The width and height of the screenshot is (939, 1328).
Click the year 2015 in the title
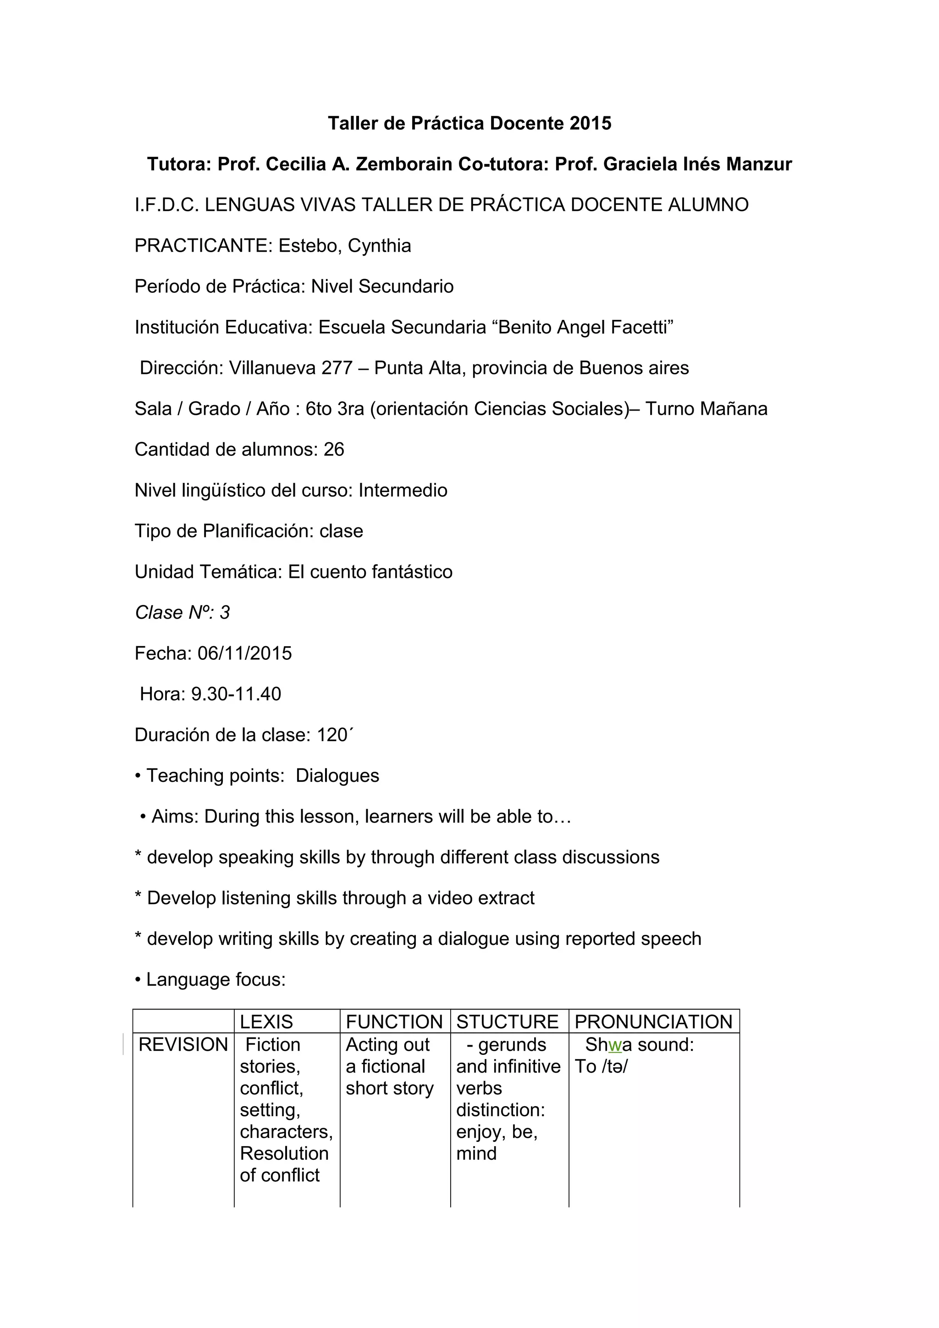pyautogui.click(x=590, y=123)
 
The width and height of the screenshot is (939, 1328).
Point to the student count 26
pyautogui.click(x=334, y=450)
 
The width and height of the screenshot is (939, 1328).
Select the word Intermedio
pyautogui.click(x=403, y=490)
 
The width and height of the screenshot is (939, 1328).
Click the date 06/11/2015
pyautogui.click(x=245, y=653)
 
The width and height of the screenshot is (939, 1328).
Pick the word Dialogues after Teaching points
pyautogui.click(x=337, y=776)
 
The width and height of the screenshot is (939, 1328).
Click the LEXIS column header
pyautogui.click(x=266, y=1022)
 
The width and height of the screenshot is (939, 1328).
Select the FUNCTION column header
pyautogui.click(x=394, y=1022)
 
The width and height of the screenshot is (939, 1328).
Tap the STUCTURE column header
pyautogui.click(x=508, y=1022)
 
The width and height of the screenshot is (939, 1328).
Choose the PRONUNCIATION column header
pyautogui.click(x=653, y=1022)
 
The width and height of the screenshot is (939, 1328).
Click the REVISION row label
pyautogui.click(x=183, y=1045)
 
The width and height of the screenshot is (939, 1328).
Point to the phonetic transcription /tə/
pyautogui.click(x=614, y=1066)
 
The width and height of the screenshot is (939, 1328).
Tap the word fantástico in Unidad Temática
pyautogui.click(x=412, y=572)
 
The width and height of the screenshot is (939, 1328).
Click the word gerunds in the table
pyautogui.click(x=512, y=1045)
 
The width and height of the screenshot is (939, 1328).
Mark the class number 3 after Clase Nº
pyautogui.click(x=225, y=613)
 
